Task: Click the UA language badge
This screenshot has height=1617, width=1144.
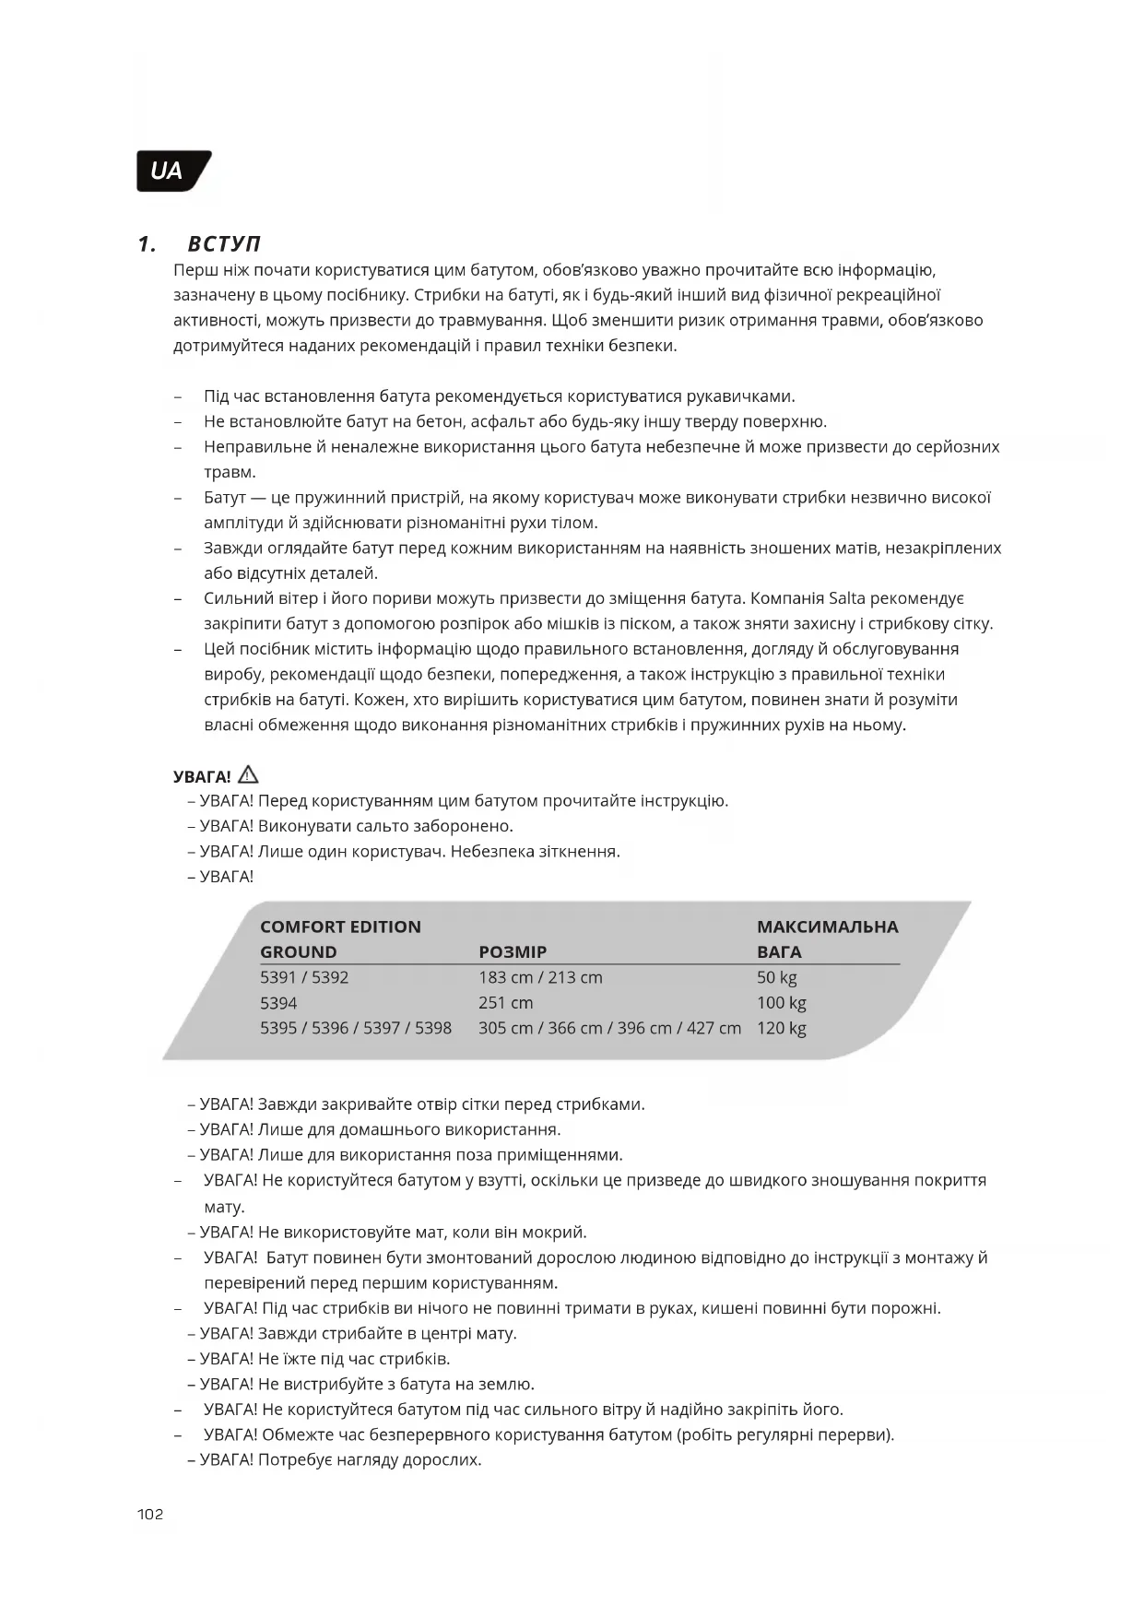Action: [x=171, y=171]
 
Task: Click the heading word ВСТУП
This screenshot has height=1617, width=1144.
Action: [x=224, y=244]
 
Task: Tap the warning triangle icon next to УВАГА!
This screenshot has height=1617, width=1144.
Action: [x=248, y=775]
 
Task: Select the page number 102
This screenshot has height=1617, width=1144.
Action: [x=149, y=1515]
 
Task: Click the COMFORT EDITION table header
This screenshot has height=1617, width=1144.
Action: [x=340, y=927]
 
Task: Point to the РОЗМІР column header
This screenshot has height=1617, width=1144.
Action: [x=513, y=952]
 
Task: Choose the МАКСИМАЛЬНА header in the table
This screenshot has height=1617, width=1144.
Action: [x=827, y=927]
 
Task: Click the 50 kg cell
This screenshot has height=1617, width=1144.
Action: [x=776, y=977]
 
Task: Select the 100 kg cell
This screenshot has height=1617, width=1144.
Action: [x=781, y=1003]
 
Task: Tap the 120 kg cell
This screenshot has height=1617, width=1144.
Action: [x=781, y=1028]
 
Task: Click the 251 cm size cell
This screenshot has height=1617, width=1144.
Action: [x=505, y=1003]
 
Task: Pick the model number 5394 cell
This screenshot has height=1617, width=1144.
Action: [x=278, y=1003]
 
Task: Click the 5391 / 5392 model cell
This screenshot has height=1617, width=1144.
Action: [x=304, y=977]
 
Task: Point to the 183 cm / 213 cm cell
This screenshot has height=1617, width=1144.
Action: [x=540, y=977]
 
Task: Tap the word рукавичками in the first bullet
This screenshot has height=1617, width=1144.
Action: [x=746, y=396]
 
